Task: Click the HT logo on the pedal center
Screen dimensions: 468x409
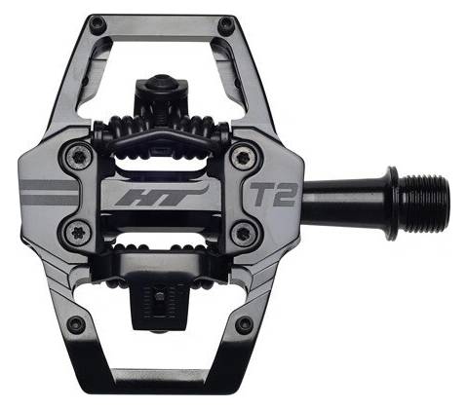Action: click(x=160, y=197)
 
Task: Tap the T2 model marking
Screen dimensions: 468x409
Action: click(x=273, y=195)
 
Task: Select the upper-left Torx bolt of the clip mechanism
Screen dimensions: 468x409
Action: click(x=79, y=157)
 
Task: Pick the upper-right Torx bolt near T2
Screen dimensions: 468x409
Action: click(x=243, y=158)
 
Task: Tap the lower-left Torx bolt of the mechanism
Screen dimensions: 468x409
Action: click(x=79, y=233)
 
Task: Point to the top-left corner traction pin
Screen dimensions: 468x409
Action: click(x=97, y=23)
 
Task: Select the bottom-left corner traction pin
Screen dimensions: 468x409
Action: click(x=77, y=323)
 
